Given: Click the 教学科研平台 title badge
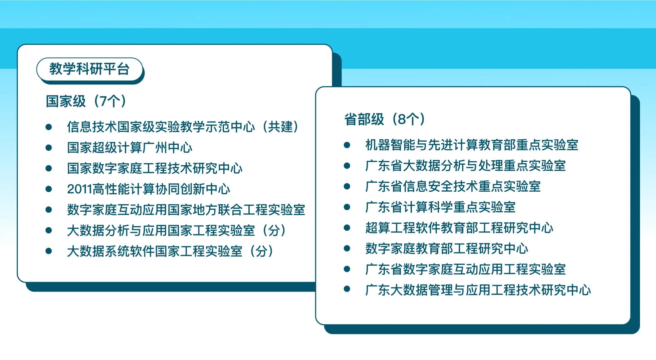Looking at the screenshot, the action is [x=89, y=69].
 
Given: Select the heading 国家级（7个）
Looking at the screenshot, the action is [x=86, y=101].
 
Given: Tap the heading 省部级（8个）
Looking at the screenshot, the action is [x=385, y=119].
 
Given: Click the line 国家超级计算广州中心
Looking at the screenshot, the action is [x=130, y=148].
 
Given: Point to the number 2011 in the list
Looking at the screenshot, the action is [x=80, y=189].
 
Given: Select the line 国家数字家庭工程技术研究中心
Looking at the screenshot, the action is [x=155, y=168].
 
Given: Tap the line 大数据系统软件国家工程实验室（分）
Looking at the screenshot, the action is [x=170, y=251].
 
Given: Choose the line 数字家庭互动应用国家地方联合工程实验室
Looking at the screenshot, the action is [x=186, y=210].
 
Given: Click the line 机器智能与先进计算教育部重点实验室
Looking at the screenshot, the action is [x=472, y=145].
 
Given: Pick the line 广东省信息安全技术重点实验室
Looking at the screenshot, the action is [x=453, y=186].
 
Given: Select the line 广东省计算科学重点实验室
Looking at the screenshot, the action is [x=440, y=207].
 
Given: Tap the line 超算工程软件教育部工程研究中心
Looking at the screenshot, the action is [x=459, y=228].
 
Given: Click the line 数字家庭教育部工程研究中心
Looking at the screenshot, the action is [x=447, y=248].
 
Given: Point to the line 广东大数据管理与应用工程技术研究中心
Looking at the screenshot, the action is [x=478, y=290].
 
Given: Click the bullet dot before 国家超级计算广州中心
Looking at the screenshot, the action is [x=49, y=148].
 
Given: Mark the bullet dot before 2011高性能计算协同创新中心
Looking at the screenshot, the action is [x=49, y=189].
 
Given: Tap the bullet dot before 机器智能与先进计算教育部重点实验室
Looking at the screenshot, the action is [x=347, y=145].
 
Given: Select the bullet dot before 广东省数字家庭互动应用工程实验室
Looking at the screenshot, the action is [x=347, y=269].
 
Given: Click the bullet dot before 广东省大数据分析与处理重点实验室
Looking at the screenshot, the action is [x=347, y=166].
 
